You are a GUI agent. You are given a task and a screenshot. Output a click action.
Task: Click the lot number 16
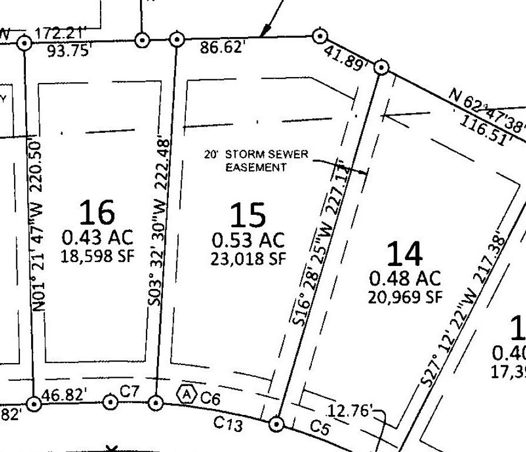tap(97, 212)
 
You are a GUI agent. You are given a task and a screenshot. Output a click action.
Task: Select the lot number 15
tap(247, 215)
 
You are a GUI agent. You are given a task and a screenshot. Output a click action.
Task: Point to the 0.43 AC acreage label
tap(97, 238)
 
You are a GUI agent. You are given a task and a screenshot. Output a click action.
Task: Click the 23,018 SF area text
tap(248, 259)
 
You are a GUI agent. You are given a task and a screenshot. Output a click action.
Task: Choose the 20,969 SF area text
tap(404, 297)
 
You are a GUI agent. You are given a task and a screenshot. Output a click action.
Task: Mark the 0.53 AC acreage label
tap(248, 241)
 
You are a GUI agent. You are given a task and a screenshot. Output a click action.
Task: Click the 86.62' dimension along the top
tap(222, 46)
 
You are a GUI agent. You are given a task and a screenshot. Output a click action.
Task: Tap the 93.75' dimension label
tap(70, 51)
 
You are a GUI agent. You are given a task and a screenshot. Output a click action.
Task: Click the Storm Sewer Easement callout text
tap(256, 161)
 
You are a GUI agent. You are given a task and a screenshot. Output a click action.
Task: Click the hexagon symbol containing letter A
tap(187, 394)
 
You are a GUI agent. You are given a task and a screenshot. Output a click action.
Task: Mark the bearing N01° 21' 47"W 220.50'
tap(38, 224)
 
